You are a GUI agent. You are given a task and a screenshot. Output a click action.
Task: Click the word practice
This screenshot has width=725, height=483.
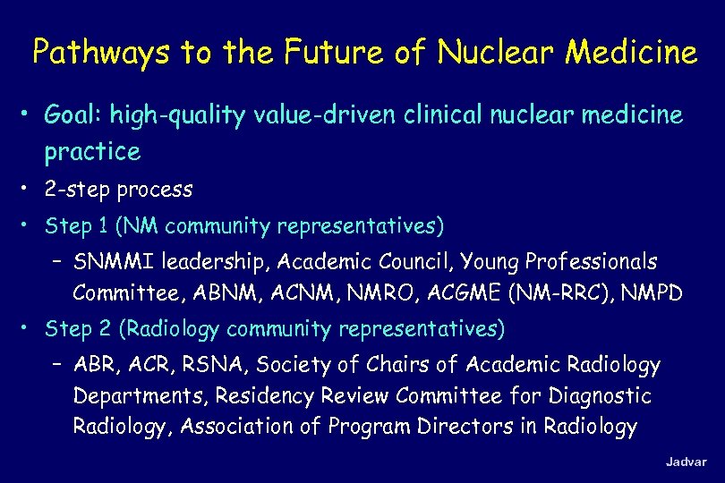92,152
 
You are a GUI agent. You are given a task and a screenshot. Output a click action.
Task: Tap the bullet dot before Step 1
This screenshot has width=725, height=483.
29,225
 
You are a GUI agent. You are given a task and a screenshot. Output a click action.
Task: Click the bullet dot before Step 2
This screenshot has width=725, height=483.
29,328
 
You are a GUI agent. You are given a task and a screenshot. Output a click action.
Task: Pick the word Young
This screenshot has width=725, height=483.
490,262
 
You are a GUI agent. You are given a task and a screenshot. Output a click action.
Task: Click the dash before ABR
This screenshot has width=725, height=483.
57,365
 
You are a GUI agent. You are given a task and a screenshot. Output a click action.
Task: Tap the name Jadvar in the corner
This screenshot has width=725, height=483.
686,462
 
